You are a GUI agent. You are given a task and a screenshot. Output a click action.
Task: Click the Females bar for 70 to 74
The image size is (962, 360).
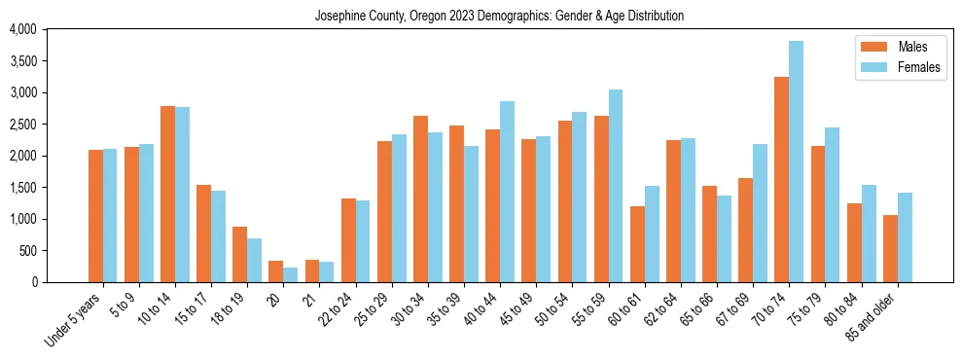(797, 162)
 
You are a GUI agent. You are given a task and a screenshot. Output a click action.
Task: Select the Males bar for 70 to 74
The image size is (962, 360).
(782, 180)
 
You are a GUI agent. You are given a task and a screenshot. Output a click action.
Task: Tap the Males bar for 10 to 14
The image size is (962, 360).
(168, 195)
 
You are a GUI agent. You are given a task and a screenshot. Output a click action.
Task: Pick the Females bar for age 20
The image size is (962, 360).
(291, 274)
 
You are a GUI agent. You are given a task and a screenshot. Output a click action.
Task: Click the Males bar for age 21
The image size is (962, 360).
(312, 271)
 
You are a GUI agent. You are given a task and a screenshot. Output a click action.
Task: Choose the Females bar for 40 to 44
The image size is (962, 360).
(508, 192)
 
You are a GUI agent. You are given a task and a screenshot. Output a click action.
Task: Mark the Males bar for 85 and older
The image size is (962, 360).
(890, 249)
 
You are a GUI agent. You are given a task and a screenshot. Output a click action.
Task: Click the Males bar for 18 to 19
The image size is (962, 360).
(240, 255)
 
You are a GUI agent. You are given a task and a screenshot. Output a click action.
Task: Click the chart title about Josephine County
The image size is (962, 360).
(499, 17)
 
